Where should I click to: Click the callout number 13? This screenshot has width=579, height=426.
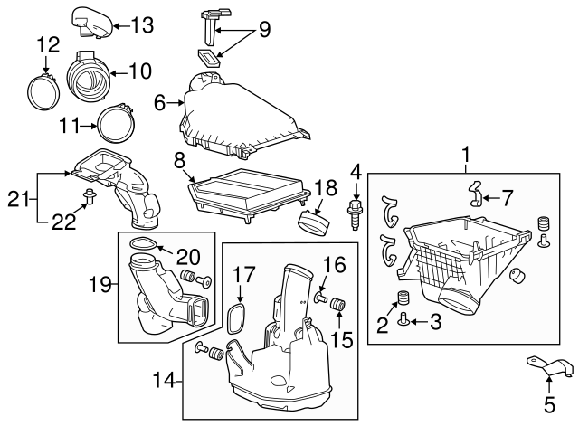tap(142, 25)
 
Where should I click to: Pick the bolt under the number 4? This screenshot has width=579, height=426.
tap(355, 215)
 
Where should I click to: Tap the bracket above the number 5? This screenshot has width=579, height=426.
tap(550, 366)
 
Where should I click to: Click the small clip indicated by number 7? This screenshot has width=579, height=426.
tap(476, 194)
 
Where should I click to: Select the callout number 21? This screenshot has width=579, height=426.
tap(18, 200)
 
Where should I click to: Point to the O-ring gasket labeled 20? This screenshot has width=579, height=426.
tap(143, 243)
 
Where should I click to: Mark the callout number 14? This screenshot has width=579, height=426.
tap(164, 379)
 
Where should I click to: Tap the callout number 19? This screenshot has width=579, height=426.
tap(100, 284)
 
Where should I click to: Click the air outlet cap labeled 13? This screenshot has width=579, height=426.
tap(91, 23)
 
